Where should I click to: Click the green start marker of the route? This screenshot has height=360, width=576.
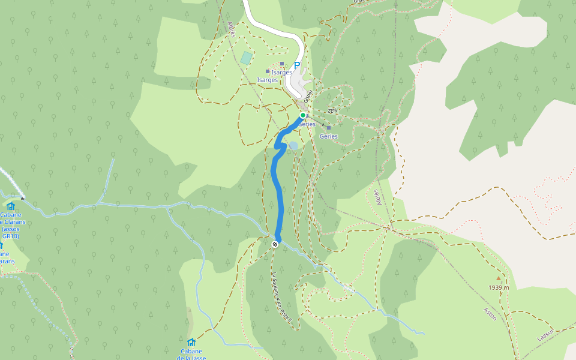tap(303, 115)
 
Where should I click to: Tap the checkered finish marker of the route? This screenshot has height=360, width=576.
tap(275, 244)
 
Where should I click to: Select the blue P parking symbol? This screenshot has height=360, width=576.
tap(296, 65)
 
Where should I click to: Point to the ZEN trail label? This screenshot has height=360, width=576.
tap(332, 112)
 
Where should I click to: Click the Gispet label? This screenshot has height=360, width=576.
tap(308, 95)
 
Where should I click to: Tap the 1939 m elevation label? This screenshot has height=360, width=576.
tap(499, 287)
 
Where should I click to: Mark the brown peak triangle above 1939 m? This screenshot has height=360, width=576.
tap(498, 278)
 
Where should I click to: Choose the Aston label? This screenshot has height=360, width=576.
tap(490, 314)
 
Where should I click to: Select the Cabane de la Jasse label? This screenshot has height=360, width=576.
tap(191, 355)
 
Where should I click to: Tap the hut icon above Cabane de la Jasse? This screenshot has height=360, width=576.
tap(191, 342)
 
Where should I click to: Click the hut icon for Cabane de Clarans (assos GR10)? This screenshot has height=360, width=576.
tap(11, 206)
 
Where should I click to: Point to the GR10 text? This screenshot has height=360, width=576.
tap(11, 236)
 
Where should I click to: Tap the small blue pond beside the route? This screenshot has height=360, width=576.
tap(293, 145)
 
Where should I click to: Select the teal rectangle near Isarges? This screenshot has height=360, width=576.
tap(246, 58)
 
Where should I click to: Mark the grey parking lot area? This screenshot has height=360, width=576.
tap(300, 81)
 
